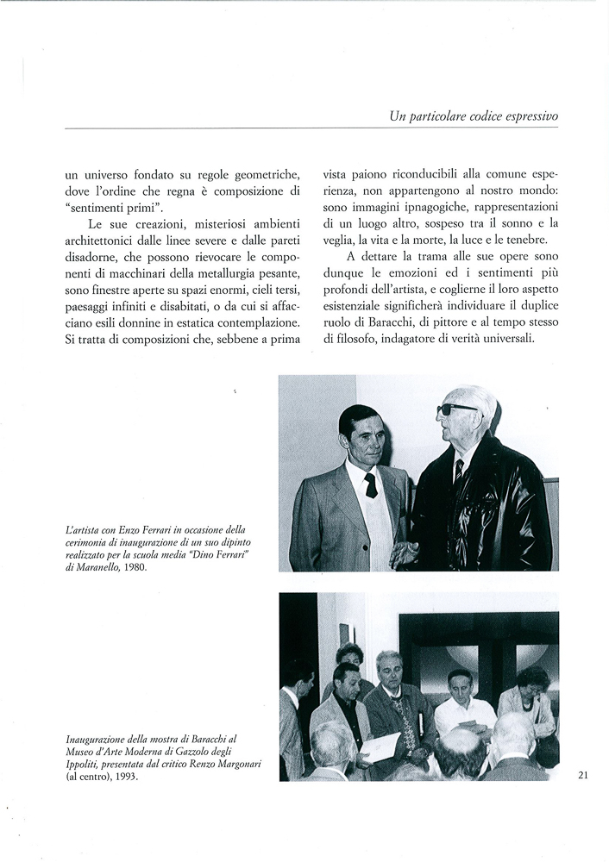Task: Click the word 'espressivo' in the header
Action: [524, 116]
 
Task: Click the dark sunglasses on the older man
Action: [456, 409]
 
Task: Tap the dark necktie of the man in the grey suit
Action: [370, 485]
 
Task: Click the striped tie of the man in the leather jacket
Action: [459, 471]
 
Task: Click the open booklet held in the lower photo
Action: [381, 746]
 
